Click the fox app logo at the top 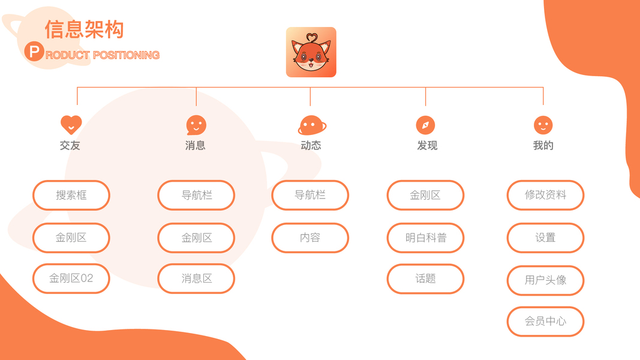[x=311, y=52]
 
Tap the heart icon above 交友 [x=71, y=125]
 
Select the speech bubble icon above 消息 [x=196, y=125]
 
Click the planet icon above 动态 [x=311, y=125]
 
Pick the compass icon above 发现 [x=425, y=125]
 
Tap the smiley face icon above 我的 [x=543, y=125]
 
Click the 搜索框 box [x=71, y=195]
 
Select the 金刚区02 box [x=71, y=278]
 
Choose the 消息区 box [x=196, y=278]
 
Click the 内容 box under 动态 [x=310, y=238]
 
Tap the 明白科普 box [x=425, y=238]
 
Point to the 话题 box [x=425, y=278]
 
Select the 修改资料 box [x=545, y=195]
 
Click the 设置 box [x=545, y=238]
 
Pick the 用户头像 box [x=545, y=280]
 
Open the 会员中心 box [x=545, y=321]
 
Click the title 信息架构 [x=84, y=29]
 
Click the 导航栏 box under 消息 [x=196, y=195]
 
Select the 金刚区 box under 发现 [x=425, y=195]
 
